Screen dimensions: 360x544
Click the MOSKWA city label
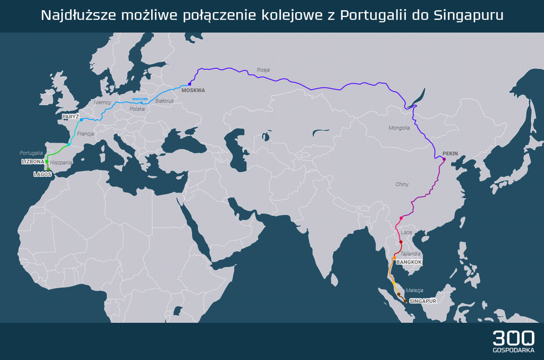pos(193,90)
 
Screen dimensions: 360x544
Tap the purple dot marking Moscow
pos(190,84)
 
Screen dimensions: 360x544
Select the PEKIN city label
pos(450,153)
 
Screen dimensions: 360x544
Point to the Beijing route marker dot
pos(444,160)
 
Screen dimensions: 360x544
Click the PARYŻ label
pos(71,116)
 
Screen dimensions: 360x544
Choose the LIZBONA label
pos(33,162)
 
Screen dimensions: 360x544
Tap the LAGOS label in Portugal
pos(42,174)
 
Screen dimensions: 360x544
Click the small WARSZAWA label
pos(140,99)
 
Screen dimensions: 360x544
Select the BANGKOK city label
pos(409,262)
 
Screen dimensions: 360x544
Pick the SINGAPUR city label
pos(423,301)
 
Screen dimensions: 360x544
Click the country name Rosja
pos(263,70)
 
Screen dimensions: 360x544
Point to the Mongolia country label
pos(399,127)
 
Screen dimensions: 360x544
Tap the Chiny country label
pos(402,184)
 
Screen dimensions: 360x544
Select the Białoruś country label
pos(164,100)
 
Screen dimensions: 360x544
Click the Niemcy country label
pos(103,102)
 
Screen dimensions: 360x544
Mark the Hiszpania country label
pos(61,162)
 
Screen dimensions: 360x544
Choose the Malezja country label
pos(414,290)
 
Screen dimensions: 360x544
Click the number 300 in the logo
pos(513,338)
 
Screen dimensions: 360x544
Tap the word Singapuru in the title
pos(468,15)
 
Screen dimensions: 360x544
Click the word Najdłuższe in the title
pos(78,15)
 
